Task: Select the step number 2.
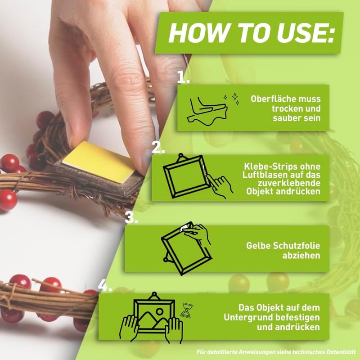pos(158,147)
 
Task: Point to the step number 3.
pos(131,217)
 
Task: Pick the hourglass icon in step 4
pos(187,310)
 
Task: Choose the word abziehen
pos(301,255)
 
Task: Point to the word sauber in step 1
pos(286,118)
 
